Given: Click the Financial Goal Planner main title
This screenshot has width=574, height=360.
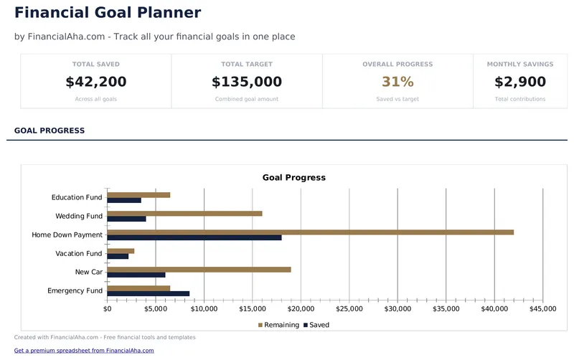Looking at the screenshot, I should tap(108, 12).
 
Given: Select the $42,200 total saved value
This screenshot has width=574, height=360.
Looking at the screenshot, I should tap(95, 82).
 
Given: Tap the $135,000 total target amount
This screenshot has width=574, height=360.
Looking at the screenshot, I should tap(247, 82).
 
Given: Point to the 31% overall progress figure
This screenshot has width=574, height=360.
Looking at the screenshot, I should tap(397, 82).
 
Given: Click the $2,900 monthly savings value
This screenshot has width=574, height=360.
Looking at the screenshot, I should tap(520, 82).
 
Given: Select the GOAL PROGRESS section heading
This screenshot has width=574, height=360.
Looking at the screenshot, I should tap(50, 131).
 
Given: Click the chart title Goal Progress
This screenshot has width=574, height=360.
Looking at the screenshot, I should tap(293, 177).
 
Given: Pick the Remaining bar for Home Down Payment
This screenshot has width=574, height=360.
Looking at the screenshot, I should tap(310, 232).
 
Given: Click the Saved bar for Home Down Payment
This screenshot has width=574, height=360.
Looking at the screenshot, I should tap(194, 237).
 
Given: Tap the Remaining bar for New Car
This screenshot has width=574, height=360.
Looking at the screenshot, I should tap(199, 270).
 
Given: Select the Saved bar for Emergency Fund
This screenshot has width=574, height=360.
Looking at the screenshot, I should tap(149, 293).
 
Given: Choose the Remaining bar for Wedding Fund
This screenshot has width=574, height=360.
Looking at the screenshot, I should tap(184, 213).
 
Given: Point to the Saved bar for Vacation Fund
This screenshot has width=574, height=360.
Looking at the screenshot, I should tap(118, 256).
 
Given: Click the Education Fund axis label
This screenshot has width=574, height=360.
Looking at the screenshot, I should tap(77, 197).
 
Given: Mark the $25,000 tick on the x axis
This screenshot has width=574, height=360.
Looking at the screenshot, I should tap(349, 309).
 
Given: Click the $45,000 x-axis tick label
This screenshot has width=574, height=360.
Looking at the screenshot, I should tap(542, 309).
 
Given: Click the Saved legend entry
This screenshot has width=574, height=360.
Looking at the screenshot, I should tap(316, 325).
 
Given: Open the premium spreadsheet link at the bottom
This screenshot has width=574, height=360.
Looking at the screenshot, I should tap(84, 351).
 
